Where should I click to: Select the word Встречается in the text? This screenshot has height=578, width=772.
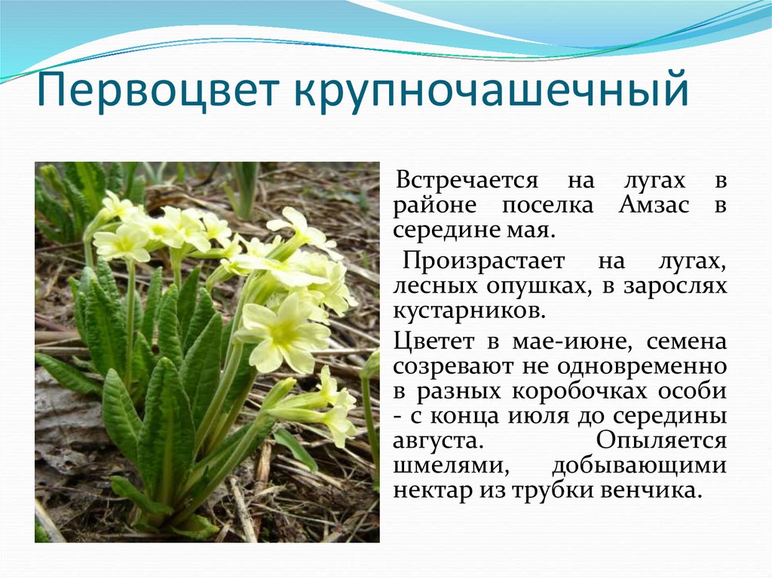467,181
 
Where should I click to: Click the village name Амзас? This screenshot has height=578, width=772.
654,205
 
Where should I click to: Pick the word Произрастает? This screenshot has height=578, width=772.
483,261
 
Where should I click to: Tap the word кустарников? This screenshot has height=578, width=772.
470,312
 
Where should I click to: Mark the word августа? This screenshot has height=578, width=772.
436,442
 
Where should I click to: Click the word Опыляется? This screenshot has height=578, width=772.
661,440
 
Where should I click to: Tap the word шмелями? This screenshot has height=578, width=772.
451,466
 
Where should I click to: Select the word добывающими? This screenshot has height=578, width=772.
639,466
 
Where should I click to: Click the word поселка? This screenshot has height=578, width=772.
548,206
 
